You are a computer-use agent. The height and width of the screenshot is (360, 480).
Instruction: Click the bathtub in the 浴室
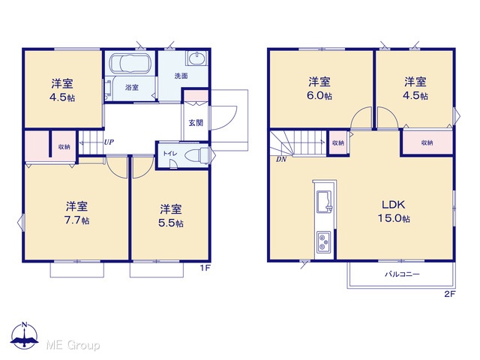(x=130, y=64)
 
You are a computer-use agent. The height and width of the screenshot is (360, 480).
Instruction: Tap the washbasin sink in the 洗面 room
(x=196, y=58)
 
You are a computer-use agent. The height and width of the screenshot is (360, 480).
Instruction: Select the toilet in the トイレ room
(x=197, y=156)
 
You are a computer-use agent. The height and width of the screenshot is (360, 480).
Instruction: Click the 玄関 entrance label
(x=196, y=123)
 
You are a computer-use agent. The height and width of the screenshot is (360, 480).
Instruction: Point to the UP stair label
(x=109, y=142)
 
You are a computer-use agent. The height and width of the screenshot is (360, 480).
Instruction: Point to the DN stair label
(x=281, y=159)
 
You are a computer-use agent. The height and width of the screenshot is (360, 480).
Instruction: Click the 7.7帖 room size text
(x=76, y=220)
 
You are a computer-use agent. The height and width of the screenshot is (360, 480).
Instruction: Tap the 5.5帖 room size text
(x=171, y=223)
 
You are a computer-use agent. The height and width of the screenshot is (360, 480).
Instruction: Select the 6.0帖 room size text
(x=319, y=95)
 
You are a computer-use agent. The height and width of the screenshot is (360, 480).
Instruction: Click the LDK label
(x=394, y=205)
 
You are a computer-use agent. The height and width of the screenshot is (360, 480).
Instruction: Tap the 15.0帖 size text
(x=394, y=218)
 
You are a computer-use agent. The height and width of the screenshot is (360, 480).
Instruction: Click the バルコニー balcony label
(x=402, y=274)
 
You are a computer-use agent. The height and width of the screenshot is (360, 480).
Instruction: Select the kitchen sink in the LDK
(x=325, y=202)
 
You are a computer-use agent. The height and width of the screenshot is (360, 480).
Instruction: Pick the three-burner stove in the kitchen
(x=324, y=241)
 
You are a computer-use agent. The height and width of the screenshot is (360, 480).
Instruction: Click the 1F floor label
(x=205, y=268)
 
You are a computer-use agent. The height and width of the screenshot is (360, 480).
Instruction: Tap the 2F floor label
(x=450, y=294)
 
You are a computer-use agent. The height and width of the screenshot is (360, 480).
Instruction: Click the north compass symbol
(x=25, y=335)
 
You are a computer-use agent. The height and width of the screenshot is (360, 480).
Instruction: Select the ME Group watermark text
(x=73, y=345)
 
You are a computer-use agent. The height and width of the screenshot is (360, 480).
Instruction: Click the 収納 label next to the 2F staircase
(x=338, y=142)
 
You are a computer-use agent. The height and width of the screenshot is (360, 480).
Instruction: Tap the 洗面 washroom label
(x=181, y=76)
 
